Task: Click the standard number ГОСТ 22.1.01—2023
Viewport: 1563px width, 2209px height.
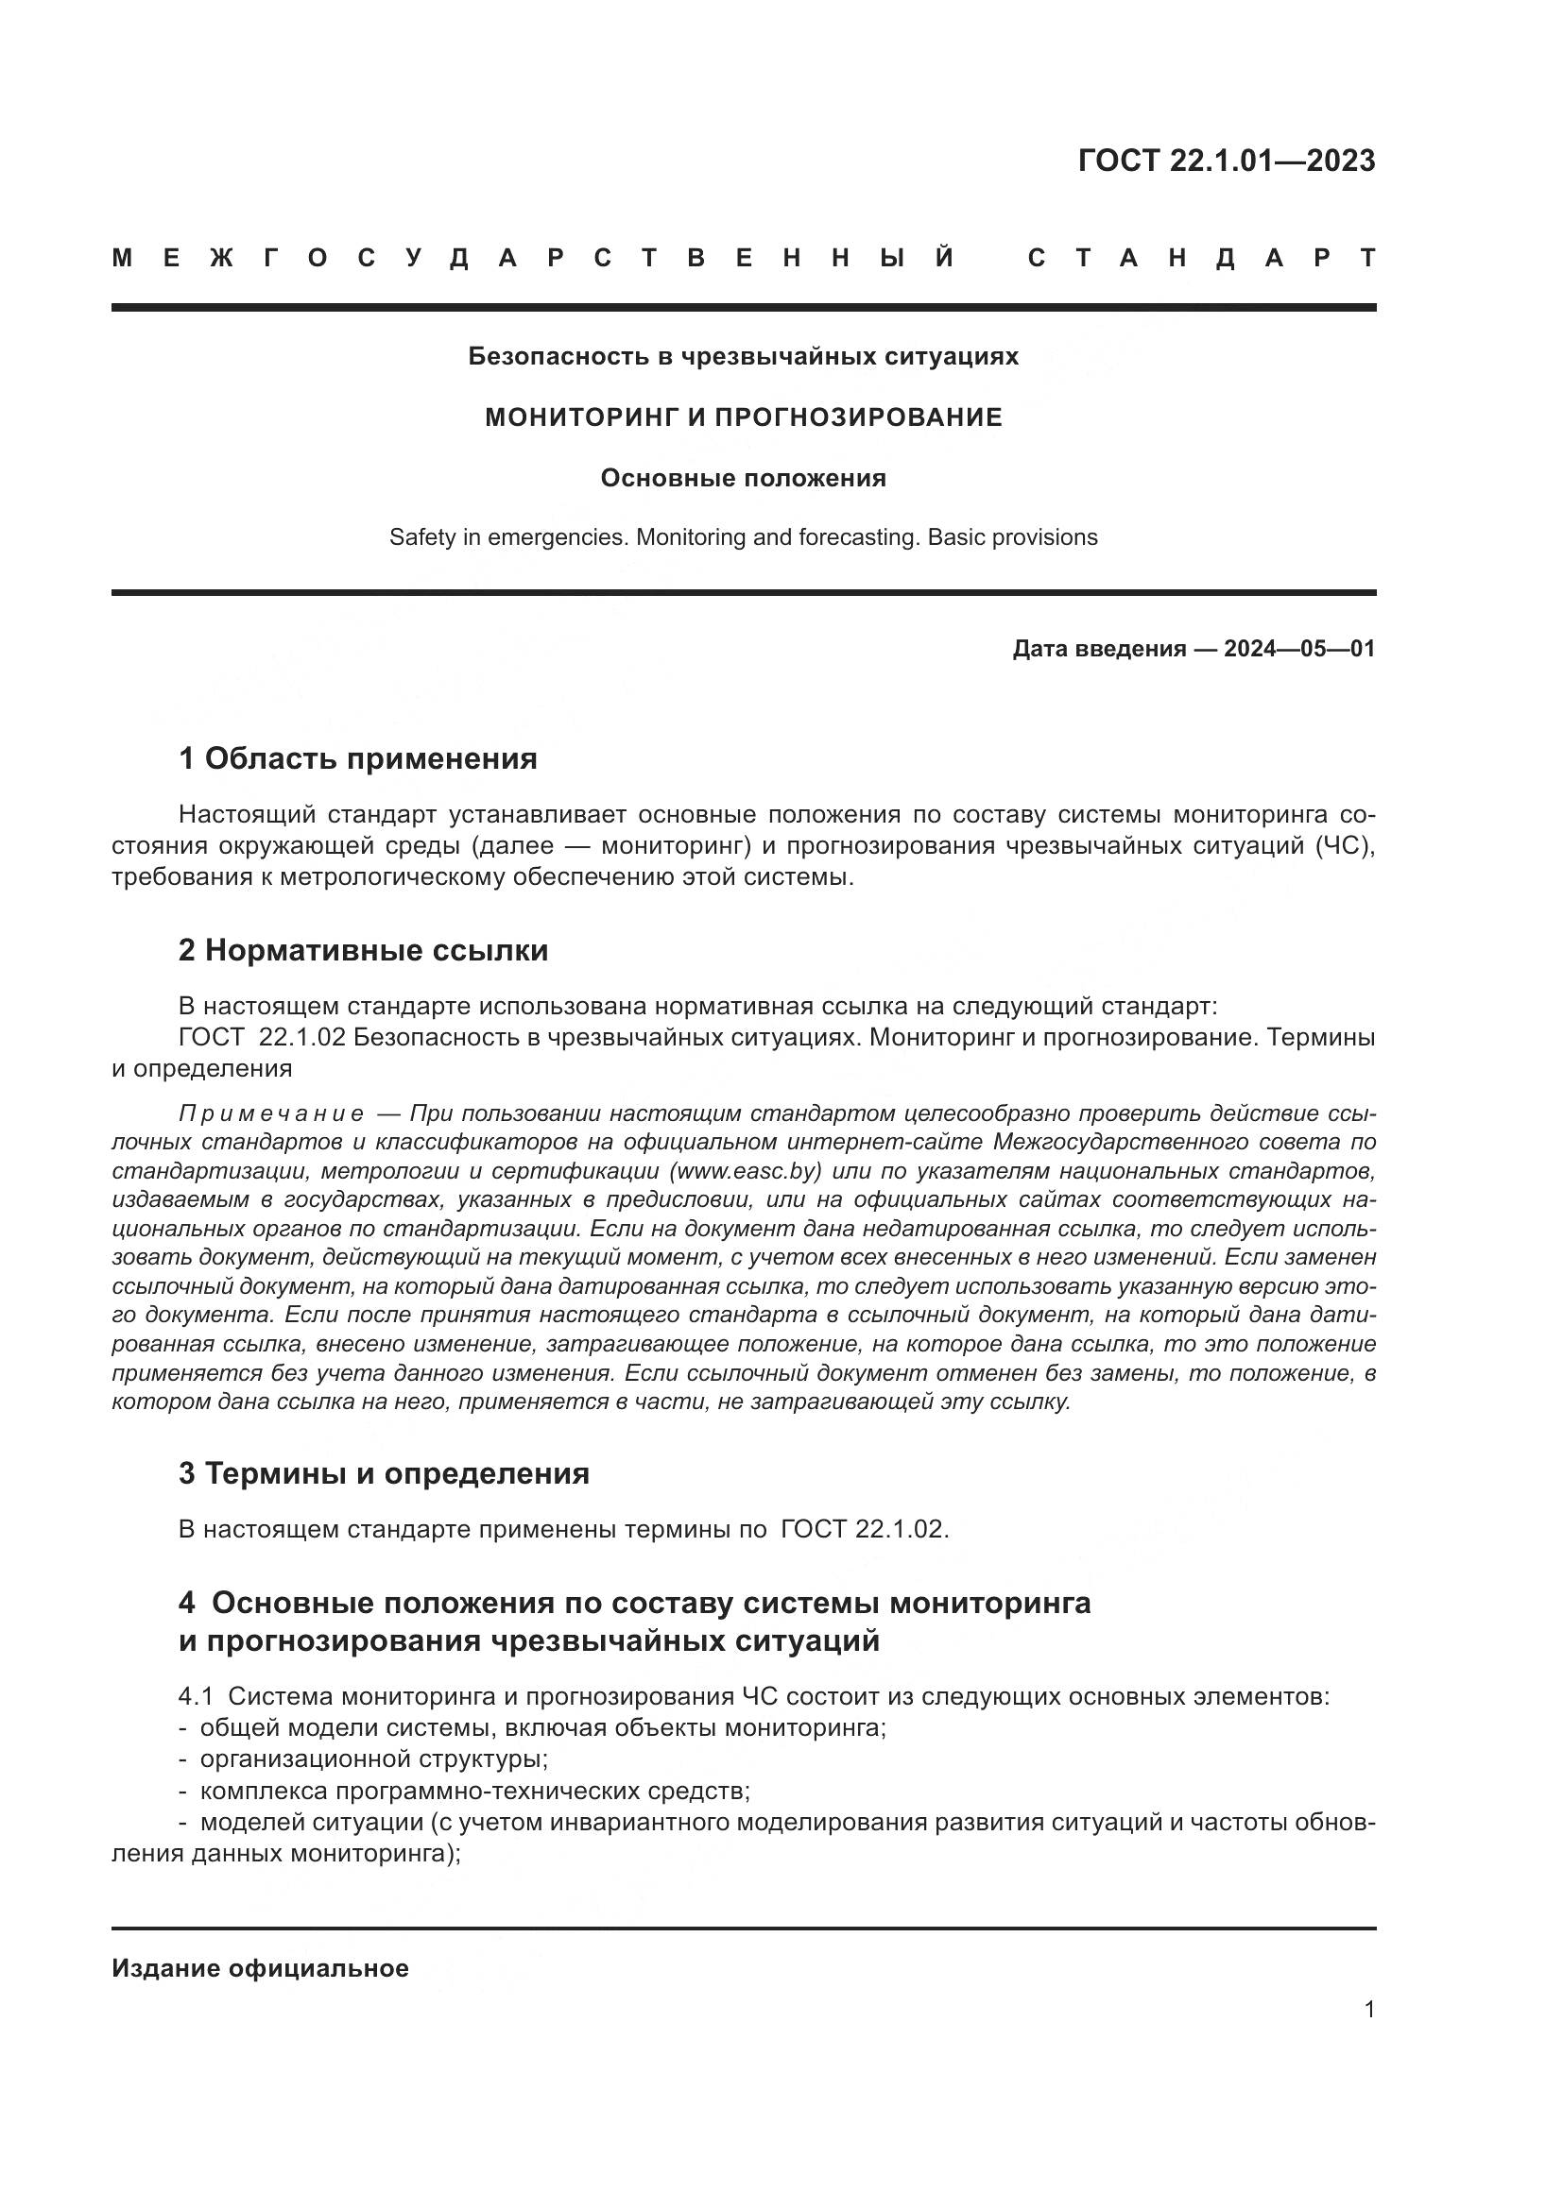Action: tap(1227, 161)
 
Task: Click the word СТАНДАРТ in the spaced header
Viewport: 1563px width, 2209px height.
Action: tap(1202, 258)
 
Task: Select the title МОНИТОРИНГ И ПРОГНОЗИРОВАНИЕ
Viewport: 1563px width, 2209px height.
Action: tap(743, 417)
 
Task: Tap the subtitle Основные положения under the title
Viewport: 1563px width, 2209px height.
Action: tap(743, 478)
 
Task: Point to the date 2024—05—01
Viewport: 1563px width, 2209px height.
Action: tap(1299, 649)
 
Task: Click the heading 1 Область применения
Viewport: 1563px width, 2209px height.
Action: tap(357, 758)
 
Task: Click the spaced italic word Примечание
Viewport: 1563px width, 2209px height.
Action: tap(271, 1113)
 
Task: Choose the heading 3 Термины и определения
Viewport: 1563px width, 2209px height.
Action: tap(383, 1473)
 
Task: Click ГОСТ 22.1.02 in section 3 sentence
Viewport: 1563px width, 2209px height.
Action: tap(864, 1529)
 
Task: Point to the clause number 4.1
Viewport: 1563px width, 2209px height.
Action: tap(196, 1696)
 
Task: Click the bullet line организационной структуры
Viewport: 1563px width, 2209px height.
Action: tap(373, 1759)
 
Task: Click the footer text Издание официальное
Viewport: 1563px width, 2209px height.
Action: tap(260, 1968)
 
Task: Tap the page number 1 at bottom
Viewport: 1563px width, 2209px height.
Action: tap(1369, 2009)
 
